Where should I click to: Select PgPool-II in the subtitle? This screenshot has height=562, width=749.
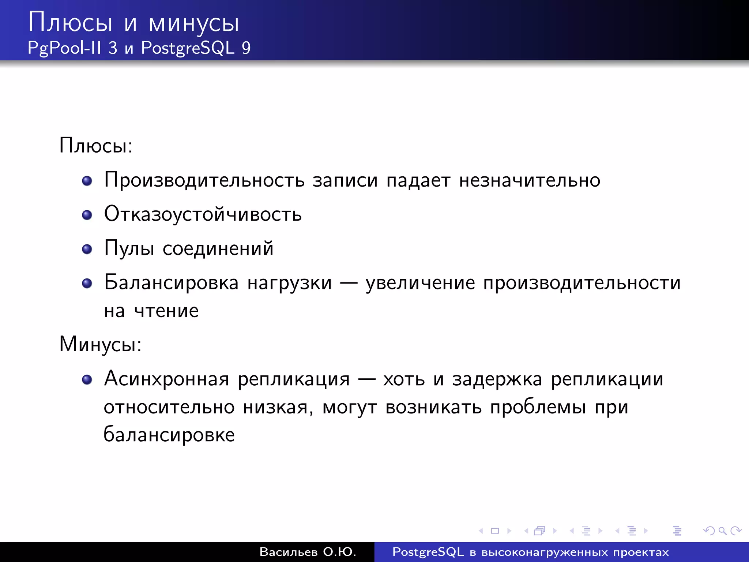[64, 48]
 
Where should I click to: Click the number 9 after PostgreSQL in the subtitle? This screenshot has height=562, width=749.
[246, 48]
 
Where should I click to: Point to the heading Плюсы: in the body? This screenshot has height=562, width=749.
[96, 146]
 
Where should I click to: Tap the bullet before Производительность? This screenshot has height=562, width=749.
[87, 181]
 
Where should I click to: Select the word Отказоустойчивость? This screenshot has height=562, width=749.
[203, 214]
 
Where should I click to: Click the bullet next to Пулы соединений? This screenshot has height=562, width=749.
[87, 249]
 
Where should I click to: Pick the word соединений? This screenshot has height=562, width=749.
[218, 248]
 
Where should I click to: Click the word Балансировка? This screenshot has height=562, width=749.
[171, 283]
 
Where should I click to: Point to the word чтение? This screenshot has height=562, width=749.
[166, 311]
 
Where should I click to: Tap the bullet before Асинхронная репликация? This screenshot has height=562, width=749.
[87, 379]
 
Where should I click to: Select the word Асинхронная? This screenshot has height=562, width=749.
[166, 379]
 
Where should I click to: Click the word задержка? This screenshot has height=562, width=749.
[497, 379]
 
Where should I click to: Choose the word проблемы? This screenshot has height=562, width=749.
[538, 407]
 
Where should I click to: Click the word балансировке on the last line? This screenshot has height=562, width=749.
[169, 435]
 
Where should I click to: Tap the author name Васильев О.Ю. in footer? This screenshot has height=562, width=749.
[308, 552]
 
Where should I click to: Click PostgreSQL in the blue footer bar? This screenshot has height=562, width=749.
[428, 552]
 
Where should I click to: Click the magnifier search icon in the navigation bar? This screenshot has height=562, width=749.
[722, 531]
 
